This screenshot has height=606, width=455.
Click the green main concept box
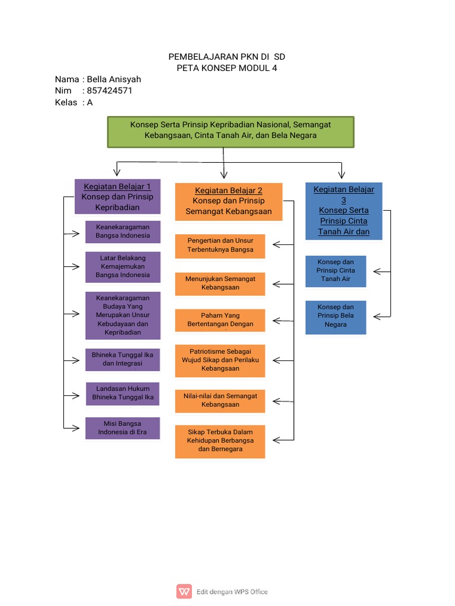(x=230, y=131)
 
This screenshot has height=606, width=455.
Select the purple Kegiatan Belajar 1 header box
(x=117, y=196)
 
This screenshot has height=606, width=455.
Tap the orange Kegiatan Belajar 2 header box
(x=229, y=201)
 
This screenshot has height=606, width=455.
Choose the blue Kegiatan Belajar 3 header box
(x=344, y=211)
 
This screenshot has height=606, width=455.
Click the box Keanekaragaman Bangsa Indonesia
(x=123, y=231)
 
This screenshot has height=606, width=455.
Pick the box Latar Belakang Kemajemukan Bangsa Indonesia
(x=123, y=266)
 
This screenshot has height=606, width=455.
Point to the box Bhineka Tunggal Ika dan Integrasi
(x=123, y=359)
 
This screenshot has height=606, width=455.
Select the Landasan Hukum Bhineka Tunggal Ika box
(x=123, y=393)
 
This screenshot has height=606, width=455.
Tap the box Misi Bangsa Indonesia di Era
(x=123, y=428)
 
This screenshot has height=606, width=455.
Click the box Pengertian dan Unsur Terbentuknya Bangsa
(x=220, y=246)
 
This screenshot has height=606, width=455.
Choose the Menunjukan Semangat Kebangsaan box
(x=220, y=283)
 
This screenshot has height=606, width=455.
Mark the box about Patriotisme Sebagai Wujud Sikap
(x=220, y=360)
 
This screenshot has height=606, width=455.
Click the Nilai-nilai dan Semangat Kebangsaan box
(x=220, y=400)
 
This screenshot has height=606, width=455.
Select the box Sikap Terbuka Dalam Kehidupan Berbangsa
(x=220, y=441)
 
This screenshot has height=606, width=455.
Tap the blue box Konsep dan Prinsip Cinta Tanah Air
(x=335, y=270)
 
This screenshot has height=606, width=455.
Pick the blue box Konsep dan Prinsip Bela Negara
(x=335, y=316)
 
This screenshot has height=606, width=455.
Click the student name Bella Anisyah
(x=114, y=79)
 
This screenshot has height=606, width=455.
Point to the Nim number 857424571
(x=109, y=91)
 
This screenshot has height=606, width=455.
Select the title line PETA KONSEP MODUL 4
(x=227, y=68)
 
